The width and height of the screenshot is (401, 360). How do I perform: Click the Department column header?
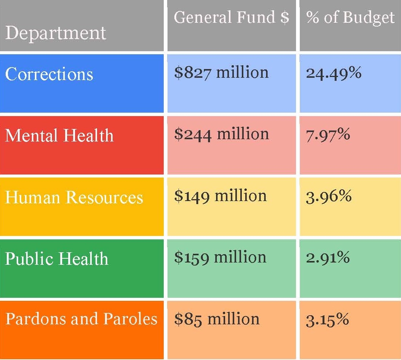(55, 33)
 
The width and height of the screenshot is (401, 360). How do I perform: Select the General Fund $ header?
(231, 17)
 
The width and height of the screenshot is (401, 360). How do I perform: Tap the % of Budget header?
(350, 17)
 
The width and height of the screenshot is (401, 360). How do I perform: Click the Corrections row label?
(49, 74)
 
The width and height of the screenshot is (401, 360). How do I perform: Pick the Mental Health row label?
(59, 135)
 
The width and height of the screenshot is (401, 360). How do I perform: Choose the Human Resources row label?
(74, 197)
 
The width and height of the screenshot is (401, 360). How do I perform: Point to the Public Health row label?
(56, 259)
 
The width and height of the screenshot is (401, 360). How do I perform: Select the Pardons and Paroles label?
(81, 319)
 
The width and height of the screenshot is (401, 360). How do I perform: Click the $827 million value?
(221, 72)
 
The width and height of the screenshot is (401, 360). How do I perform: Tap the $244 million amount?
(221, 134)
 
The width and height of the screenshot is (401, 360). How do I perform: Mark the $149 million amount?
(220, 196)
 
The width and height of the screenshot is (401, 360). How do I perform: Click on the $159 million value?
(220, 258)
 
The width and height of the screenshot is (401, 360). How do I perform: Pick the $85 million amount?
(217, 319)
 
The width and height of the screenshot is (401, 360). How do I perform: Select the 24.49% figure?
(334, 73)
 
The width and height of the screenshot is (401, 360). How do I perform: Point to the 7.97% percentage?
(328, 135)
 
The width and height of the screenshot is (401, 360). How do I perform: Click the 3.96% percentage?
(329, 197)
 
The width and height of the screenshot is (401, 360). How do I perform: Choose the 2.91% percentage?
(328, 258)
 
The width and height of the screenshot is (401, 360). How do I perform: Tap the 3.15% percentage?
(327, 319)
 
